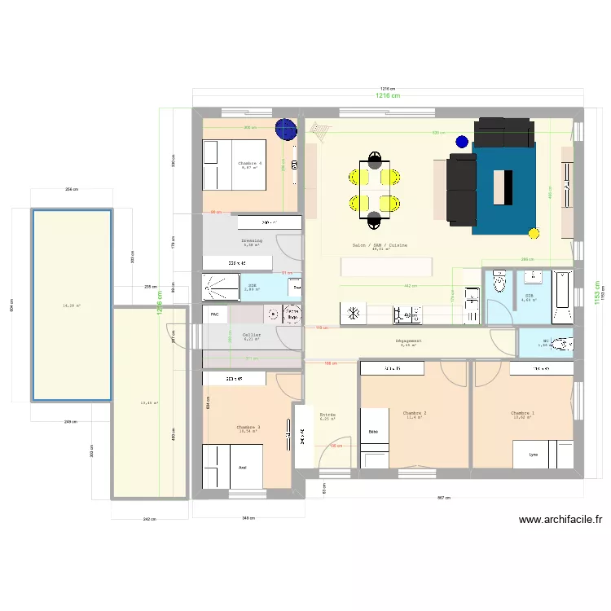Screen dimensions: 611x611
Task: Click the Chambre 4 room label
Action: click(x=250, y=164)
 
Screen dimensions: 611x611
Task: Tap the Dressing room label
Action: click(x=252, y=241)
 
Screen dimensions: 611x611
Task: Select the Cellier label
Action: click(x=252, y=335)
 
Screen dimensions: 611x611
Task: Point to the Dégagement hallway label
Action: click(x=407, y=341)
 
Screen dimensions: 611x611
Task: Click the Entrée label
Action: click(x=327, y=415)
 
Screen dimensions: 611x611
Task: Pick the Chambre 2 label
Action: click(x=415, y=413)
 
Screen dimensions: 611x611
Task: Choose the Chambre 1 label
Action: click(x=523, y=413)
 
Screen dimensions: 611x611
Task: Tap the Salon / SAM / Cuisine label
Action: click(x=380, y=244)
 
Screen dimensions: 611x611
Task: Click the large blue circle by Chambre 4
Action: click(x=285, y=129)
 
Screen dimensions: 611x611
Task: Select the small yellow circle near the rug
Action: click(x=534, y=234)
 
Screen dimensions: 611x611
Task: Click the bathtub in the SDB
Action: click(x=563, y=297)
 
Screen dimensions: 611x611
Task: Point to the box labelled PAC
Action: click(x=215, y=314)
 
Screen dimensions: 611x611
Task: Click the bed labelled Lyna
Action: click(x=534, y=454)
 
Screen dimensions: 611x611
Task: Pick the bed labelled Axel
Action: click(x=231, y=468)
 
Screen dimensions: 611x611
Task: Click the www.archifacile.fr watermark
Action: click(x=560, y=520)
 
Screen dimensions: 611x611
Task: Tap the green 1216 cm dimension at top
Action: click(x=388, y=96)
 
